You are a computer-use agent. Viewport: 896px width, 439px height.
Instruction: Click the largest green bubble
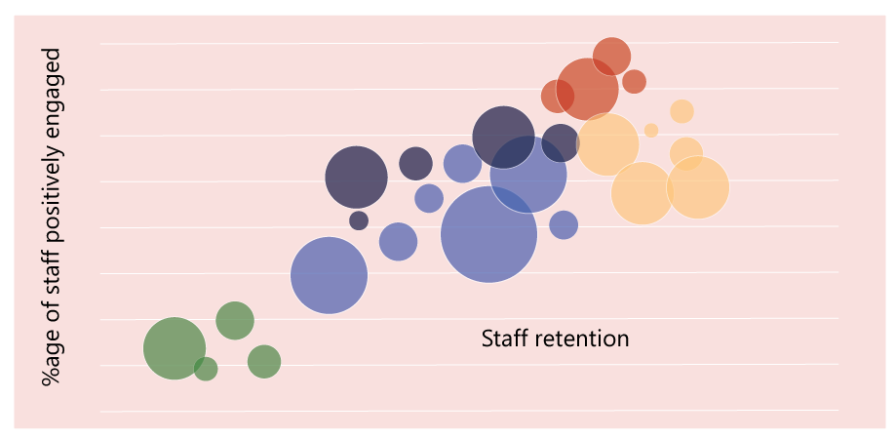tap(175, 348)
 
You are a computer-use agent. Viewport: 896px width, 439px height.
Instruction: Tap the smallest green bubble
tap(205, 369)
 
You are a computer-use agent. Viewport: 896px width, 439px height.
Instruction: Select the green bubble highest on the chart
tap(234, 320)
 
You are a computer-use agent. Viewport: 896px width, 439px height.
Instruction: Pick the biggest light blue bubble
tap(488, 234)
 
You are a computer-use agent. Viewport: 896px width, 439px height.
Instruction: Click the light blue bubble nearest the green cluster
tap(329, 275)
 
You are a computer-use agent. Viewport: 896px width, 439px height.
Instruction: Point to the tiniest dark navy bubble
tap(359, 220)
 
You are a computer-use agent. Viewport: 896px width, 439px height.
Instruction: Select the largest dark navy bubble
tap(356, 178)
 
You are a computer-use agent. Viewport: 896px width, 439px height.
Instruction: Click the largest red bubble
tap(587, 89)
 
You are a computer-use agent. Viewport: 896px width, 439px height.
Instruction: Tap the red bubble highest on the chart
tap(611, 57)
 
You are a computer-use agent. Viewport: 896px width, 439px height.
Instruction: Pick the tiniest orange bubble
tap(651, 131)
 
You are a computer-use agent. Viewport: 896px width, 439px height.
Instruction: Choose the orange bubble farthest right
tap(698, 187)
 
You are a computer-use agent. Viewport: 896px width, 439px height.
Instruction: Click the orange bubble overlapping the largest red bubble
tap(607, 144)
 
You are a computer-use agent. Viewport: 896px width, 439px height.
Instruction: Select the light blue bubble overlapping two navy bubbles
tap(528, 175)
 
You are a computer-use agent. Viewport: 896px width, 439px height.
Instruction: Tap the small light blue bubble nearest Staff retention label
tap(564, 225)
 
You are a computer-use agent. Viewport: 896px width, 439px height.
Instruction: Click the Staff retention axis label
tap(555, 339)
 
